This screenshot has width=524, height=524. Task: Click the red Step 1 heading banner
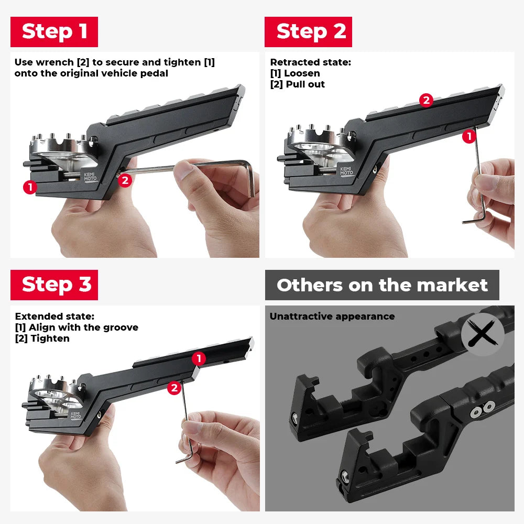point(54,32)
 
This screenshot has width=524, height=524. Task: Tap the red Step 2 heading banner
point(308,32)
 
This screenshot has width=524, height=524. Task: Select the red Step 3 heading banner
point(54,285)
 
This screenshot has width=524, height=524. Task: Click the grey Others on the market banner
point(382,285)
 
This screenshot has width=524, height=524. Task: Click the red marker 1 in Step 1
point(30,187)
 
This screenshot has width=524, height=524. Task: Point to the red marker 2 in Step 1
point(125,180)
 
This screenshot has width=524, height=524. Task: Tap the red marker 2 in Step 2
point(427,101)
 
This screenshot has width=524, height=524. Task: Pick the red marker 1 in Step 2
point(469,137)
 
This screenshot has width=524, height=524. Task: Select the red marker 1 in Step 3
point(198,358)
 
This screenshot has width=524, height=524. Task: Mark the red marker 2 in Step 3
point(174,388)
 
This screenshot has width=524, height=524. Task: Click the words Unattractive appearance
point(332,316)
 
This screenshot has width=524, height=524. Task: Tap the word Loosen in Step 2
point(302,73)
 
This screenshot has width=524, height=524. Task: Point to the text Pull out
point(305,84)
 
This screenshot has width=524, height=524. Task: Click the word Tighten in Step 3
point(50,339)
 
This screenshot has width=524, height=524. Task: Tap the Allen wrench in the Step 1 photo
point(210,168)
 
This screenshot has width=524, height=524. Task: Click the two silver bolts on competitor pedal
point(483,407)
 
